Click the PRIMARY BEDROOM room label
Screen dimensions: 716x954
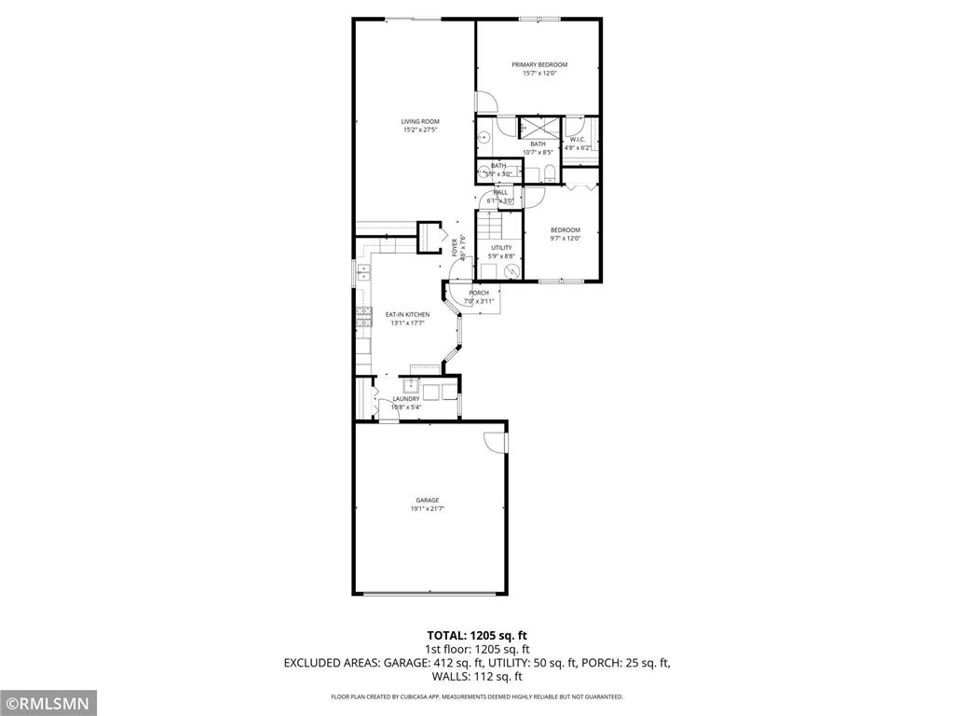pyautogui.click(x=539, y=64)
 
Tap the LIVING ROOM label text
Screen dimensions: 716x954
pyautogui.click(x=420, y=121)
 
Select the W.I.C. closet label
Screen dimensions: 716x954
pyautogui.click(x=578, y=140)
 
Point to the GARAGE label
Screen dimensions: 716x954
pyautogui.click(x=428, y=501)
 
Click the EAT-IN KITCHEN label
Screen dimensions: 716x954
pyautogui.click(x=407, y=315)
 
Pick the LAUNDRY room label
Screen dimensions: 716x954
pyautogui.click(x=405, y=399)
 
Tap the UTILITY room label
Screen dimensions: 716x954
pyautogui.click(x=501, y=248)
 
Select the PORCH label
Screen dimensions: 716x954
pyautogui.click(x=479, y=293)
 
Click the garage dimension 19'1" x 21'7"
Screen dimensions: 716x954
pyautogui.click(x=428, y=509)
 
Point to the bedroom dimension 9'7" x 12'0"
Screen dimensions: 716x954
pyautogui.click(x=565, y=239)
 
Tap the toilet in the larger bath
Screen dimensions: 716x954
pyautogui.click(x=550, y=172)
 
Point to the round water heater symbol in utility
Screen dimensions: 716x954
pyautogui.click(x=511, y=271)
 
